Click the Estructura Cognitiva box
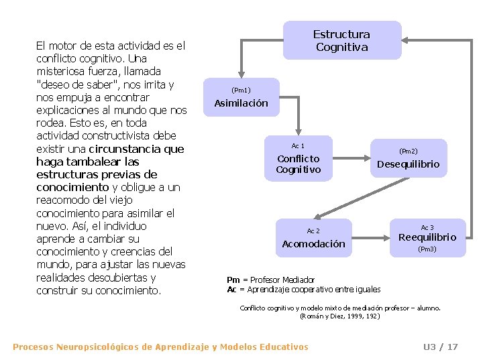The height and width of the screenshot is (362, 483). click(341, 40)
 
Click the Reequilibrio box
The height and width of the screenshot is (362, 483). click(427, 237)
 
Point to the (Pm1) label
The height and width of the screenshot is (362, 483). click(241, 90)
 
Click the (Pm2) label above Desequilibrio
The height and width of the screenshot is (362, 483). click(408, 152)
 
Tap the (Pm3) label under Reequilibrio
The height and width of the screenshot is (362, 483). click(427, 249)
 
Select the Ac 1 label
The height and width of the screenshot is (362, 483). click(298, 145)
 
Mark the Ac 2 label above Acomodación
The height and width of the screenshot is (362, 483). click(313, 231)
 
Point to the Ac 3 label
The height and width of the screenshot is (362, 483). click(427, 227)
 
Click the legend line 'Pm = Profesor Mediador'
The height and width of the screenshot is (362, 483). click(270, 280)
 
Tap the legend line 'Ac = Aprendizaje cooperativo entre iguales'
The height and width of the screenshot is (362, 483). click(303, 290)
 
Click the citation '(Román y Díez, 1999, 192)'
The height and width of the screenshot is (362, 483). click(340, 315)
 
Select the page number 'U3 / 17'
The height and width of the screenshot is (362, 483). click(440, 347)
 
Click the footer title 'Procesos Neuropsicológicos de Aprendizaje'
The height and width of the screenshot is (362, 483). click(160, 347)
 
